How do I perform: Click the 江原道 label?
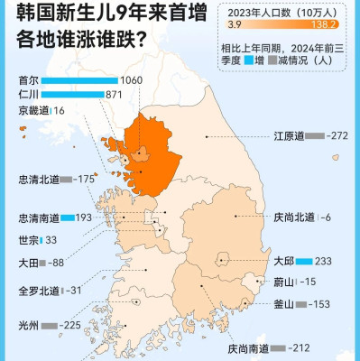click(x=287, y=136)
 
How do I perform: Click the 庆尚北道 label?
click(x=294, y=217)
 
